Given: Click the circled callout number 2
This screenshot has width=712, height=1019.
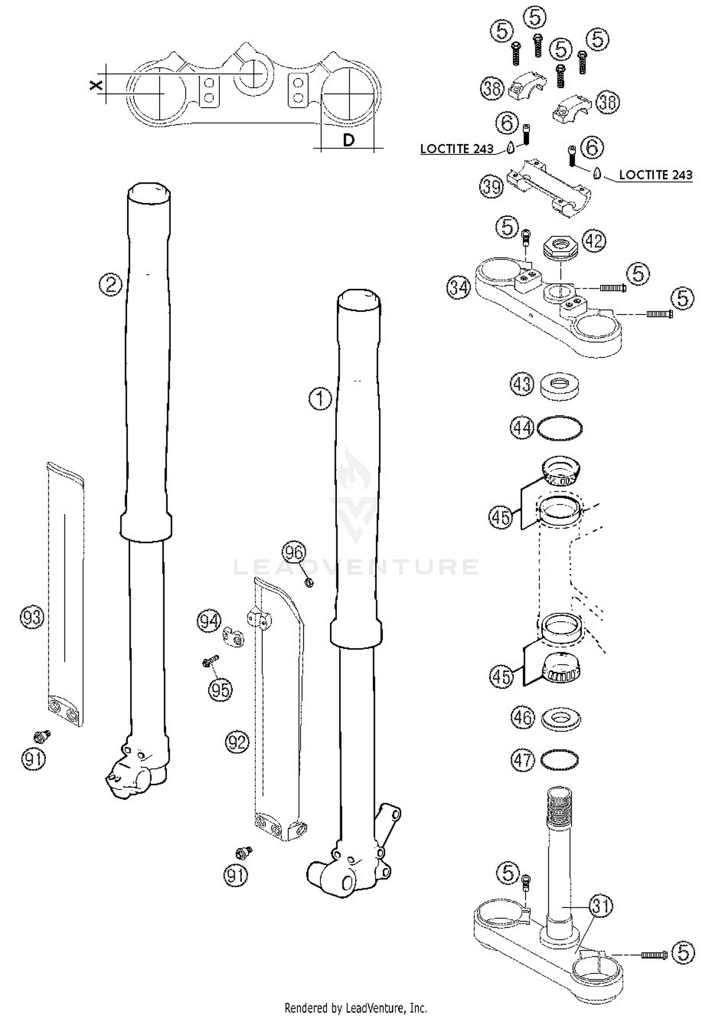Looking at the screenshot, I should [x=111, y=285].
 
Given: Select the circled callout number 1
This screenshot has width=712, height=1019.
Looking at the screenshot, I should [x=320, y=399].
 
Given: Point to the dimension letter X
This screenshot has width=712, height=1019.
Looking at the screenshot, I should [x=96, y=86].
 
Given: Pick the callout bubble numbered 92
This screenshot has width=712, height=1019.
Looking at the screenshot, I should [x=237, y=742].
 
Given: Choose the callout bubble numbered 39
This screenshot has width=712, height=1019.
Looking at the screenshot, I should [x=491, y=187].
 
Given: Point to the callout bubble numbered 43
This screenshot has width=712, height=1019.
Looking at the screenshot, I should [x=522, y=384].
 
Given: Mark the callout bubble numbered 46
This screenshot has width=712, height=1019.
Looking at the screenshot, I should [x=523, y=718].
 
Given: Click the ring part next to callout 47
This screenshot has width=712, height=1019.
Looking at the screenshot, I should [x=560, y=760].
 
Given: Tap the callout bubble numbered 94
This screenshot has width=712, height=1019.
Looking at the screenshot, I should [x=209, y=621].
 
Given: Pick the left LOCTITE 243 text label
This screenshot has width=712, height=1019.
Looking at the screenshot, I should [x=457, y=149].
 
